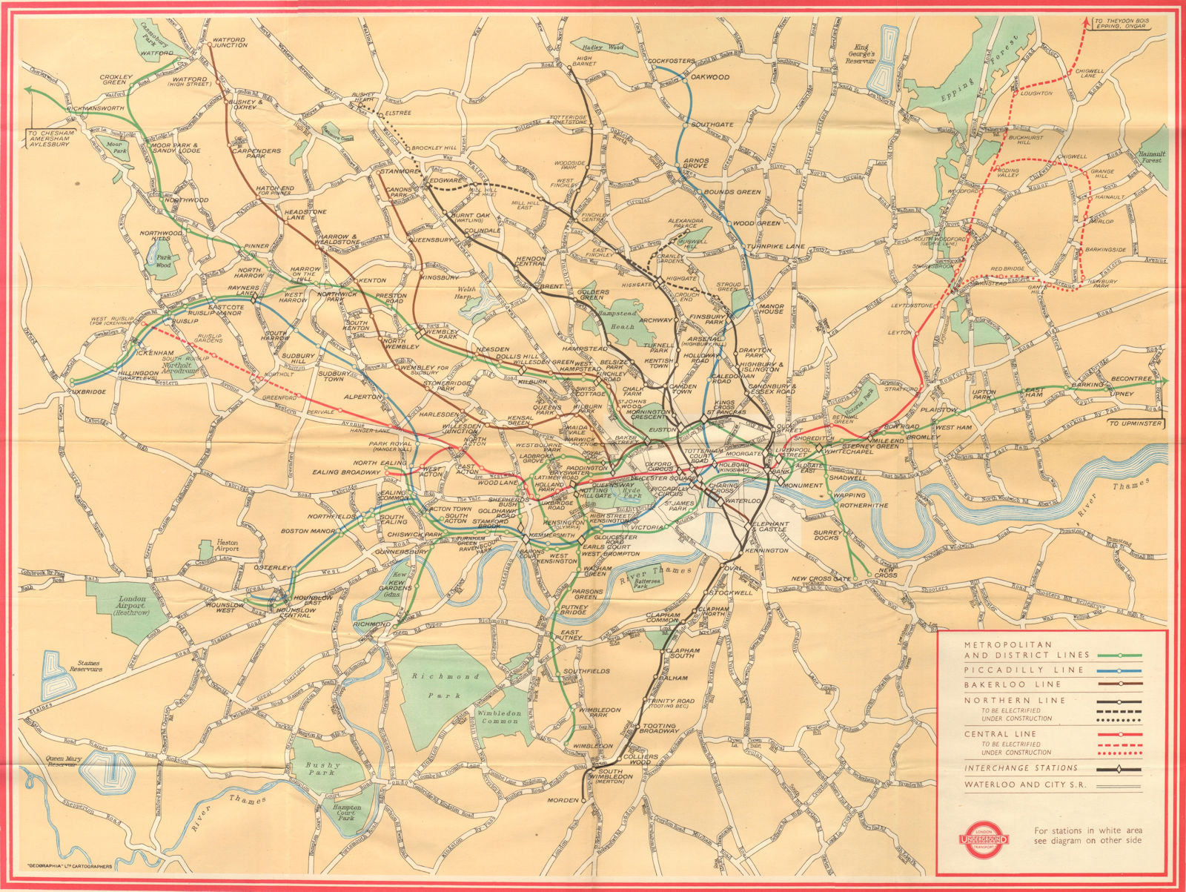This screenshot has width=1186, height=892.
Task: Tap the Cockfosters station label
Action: pos(672,61)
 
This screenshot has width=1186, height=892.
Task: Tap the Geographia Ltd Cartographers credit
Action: pos(69,865)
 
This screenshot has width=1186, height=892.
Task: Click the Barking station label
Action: pos(1092,386)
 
